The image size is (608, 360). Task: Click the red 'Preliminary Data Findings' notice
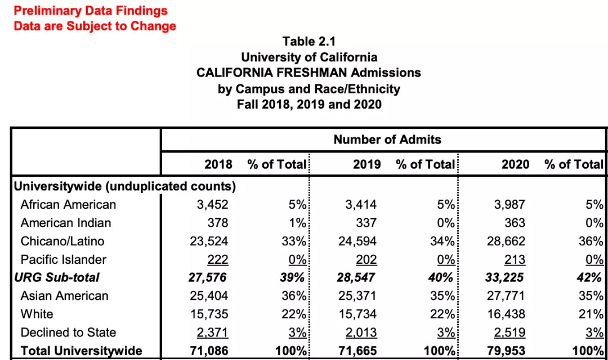(x=91, y=11)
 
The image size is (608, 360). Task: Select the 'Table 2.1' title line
(x=309, y=42)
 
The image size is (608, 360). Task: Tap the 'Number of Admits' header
(x=387, y=139)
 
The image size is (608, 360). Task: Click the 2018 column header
(x=218, y=164)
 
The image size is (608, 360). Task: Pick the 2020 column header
(x=515, y=164)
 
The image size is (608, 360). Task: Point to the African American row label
(x=68, y=205)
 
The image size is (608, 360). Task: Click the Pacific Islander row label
(x=64, y=260)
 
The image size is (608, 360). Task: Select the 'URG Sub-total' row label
(x=56, y=277)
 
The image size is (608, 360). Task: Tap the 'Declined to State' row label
(x=68, y=332)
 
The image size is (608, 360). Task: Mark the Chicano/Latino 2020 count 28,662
(x=506, y=242)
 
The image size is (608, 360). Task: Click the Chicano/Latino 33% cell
(x=293, y=242)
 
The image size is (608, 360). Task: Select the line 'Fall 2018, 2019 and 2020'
(x=309, y=105)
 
